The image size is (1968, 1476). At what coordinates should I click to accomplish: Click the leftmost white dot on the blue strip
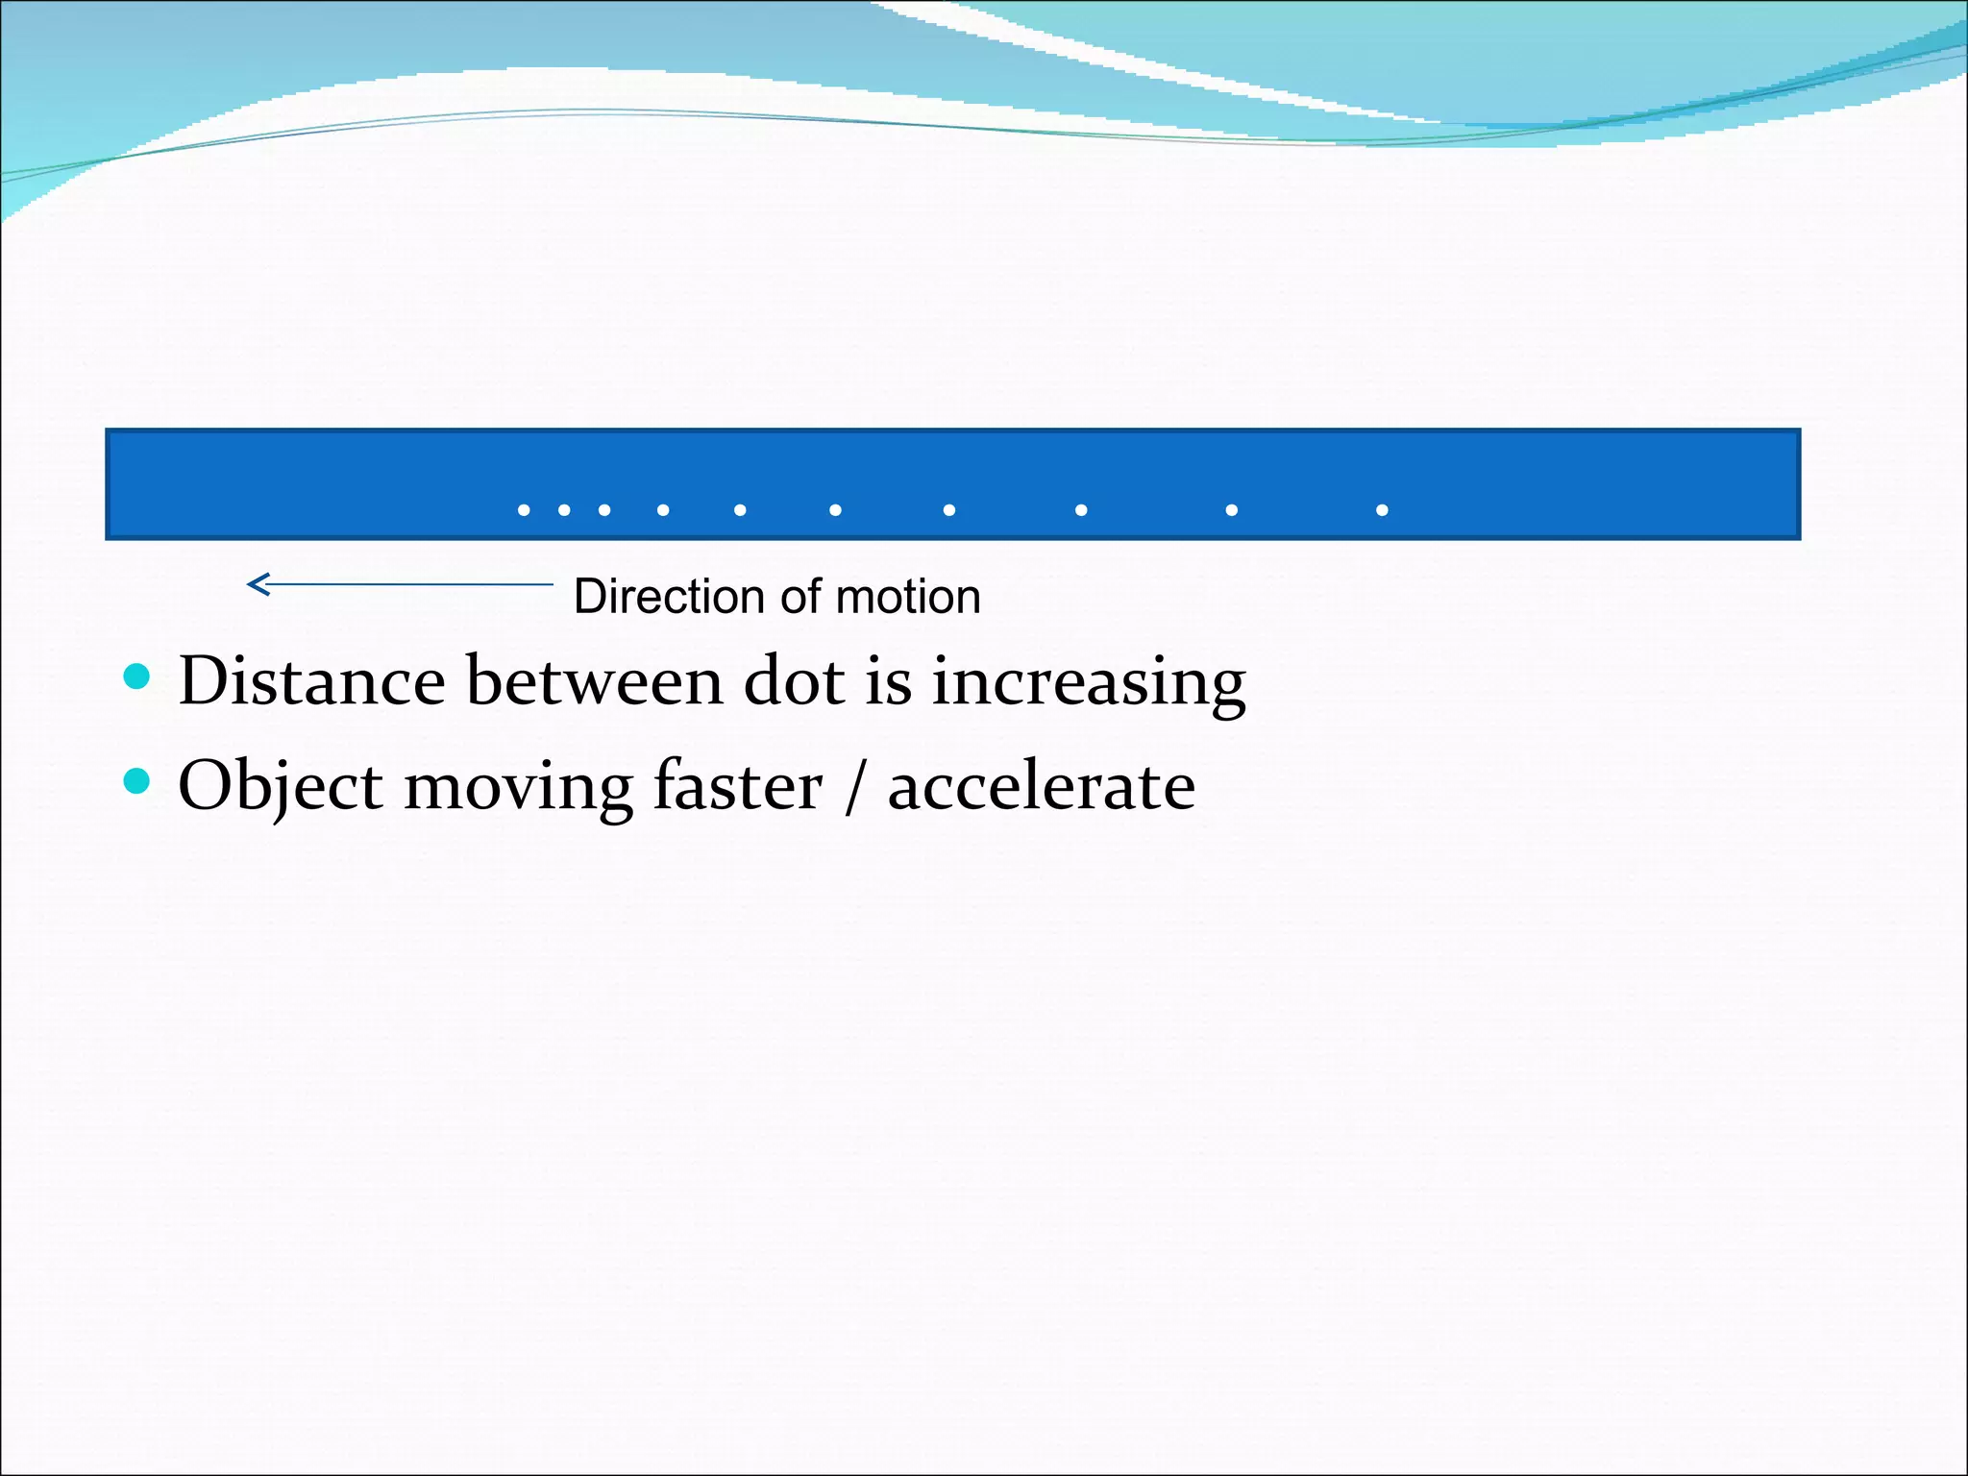tap(524, 510)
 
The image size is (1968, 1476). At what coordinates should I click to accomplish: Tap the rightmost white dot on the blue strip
tap(1382, 510)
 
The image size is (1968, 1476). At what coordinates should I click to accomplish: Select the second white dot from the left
tap(564, 510)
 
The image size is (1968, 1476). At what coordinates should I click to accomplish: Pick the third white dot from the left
tap(604, 510)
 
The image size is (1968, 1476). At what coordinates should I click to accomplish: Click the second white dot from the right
tap(1232, 510)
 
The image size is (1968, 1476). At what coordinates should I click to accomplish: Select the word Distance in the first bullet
tap(311, 681)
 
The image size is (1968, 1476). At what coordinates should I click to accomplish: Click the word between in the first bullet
tap(594, 681)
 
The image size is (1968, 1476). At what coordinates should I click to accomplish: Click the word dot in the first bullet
tap(794, 681)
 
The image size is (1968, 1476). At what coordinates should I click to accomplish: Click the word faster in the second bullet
tap(737, 786)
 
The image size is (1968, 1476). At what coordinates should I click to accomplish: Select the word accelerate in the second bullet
tap(1041, 786)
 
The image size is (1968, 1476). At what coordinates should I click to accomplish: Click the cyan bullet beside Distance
tap(137, 677)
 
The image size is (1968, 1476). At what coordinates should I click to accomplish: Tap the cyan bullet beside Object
tap(137, 781)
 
